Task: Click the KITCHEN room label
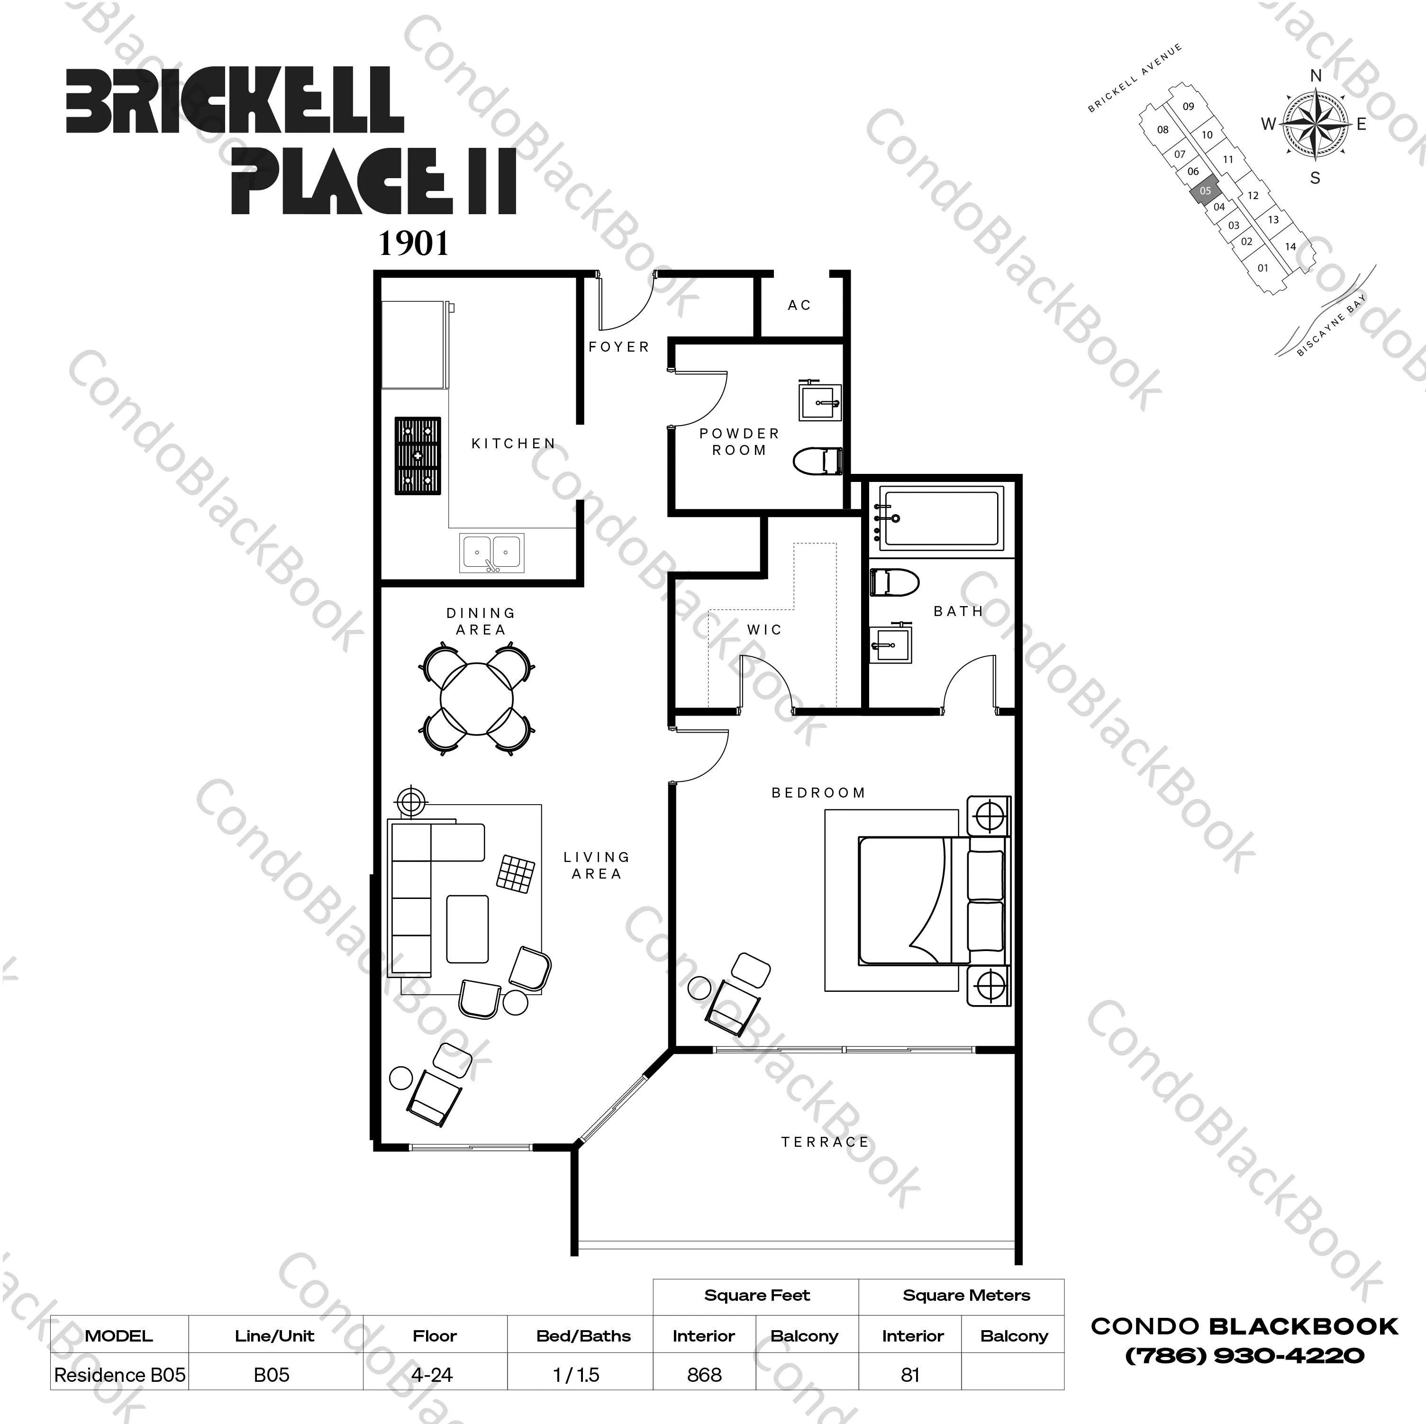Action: point(514,444)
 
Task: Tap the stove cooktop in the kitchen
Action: point(418,455)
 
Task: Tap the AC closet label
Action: point(799,305)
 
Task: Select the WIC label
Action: point(764,630)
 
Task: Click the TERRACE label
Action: point(825,1142)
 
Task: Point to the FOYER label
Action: point(618,346)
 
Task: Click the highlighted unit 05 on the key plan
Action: point(1205,191)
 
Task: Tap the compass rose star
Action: point(1315,123)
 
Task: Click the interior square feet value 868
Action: point(704,1375)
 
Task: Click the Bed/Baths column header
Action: point(583,1335)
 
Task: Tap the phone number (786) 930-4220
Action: point(1244,1355)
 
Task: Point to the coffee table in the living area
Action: point(467,929)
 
